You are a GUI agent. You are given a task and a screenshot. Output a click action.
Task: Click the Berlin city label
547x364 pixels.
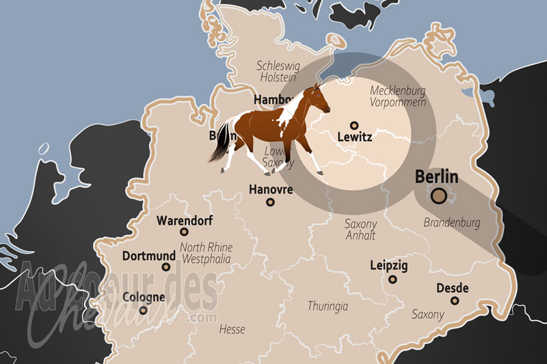[437, 176]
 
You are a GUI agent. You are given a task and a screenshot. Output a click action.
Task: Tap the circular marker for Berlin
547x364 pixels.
[439, 197]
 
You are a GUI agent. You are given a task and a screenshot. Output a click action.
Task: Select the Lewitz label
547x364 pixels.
[355, 137]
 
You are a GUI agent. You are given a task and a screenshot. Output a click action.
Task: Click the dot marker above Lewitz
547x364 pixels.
[354, 125]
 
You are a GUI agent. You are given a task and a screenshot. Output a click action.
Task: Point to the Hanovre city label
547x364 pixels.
[271, 188]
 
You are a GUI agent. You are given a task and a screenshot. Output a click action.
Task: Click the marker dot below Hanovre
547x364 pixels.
[271, 202]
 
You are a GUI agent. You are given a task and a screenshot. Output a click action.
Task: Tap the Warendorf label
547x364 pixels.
[185, 221]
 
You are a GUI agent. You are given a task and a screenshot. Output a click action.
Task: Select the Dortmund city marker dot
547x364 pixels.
[166, 267]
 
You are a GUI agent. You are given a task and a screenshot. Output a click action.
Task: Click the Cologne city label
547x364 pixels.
[144, 297]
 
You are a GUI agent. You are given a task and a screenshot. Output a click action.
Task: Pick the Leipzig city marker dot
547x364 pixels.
[392, 279]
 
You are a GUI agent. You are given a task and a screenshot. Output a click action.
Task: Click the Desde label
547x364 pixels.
[452, 288]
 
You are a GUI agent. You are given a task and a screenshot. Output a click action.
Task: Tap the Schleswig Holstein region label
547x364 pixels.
[278, 72]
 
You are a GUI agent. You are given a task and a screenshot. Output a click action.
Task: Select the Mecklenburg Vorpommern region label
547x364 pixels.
[398, 96]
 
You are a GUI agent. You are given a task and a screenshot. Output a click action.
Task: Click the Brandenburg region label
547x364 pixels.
[452, 223]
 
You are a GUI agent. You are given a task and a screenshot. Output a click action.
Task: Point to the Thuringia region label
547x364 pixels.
[328, 306]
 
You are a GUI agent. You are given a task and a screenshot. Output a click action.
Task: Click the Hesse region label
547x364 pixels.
[232, 329]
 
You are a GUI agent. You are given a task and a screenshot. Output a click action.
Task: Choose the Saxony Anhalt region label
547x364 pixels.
[360, 230]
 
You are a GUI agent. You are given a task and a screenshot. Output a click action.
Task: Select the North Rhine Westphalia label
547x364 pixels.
[206, 253]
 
